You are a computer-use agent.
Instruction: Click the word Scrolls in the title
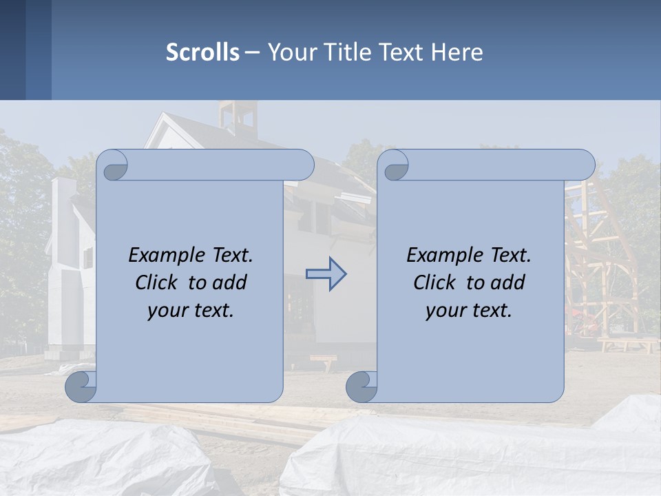pyautogui.click(x=202, y=52)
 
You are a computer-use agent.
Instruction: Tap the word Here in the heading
pyautogui.click(x=457, y=52)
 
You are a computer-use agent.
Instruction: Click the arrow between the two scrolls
pyautogui.click(x=326, y=274)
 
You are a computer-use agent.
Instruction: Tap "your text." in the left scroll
pyautogui.click(x=190, y=311)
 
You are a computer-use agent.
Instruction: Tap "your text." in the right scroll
pyautogui.click(x=468, y=311)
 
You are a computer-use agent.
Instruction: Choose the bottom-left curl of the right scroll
pyautogui.click(x=362, y=386)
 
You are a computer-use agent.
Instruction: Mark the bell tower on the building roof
pyautogui.click(x=238, y=117)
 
